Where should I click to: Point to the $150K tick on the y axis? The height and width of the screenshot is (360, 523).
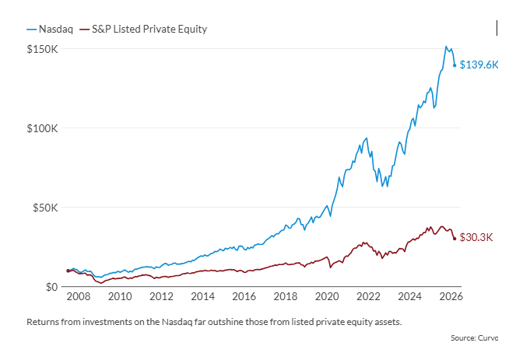(x=42, y=49)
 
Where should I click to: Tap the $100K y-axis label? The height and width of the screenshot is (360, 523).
(x=42, y=128)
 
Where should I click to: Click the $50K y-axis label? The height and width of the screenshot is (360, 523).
(x=44, y=208)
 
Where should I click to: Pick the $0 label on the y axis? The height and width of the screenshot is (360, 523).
(x=51, y=287)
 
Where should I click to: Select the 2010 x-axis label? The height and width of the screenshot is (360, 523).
(x=119, y=296)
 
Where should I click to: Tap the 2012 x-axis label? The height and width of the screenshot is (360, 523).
(x=160, y=296)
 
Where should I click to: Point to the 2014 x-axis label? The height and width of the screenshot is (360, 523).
(x=202, y=296)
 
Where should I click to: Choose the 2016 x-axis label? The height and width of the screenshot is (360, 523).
(x=244, y=296)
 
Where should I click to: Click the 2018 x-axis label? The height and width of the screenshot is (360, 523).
(x=286, y=296)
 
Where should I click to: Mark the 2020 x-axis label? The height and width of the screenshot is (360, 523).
(x=327, y=296)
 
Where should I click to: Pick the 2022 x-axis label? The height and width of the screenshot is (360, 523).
(x=368, y=296)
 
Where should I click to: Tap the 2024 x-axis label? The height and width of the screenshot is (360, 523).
(x=409, y=296)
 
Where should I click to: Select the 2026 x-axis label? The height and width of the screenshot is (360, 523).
(x=451, y=296)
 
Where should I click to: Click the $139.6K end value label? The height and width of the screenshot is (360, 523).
(x=479, y=65)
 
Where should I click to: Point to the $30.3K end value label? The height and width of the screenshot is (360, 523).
(x=476, y=238)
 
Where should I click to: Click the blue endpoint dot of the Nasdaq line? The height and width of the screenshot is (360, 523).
(x=455, y=65)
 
